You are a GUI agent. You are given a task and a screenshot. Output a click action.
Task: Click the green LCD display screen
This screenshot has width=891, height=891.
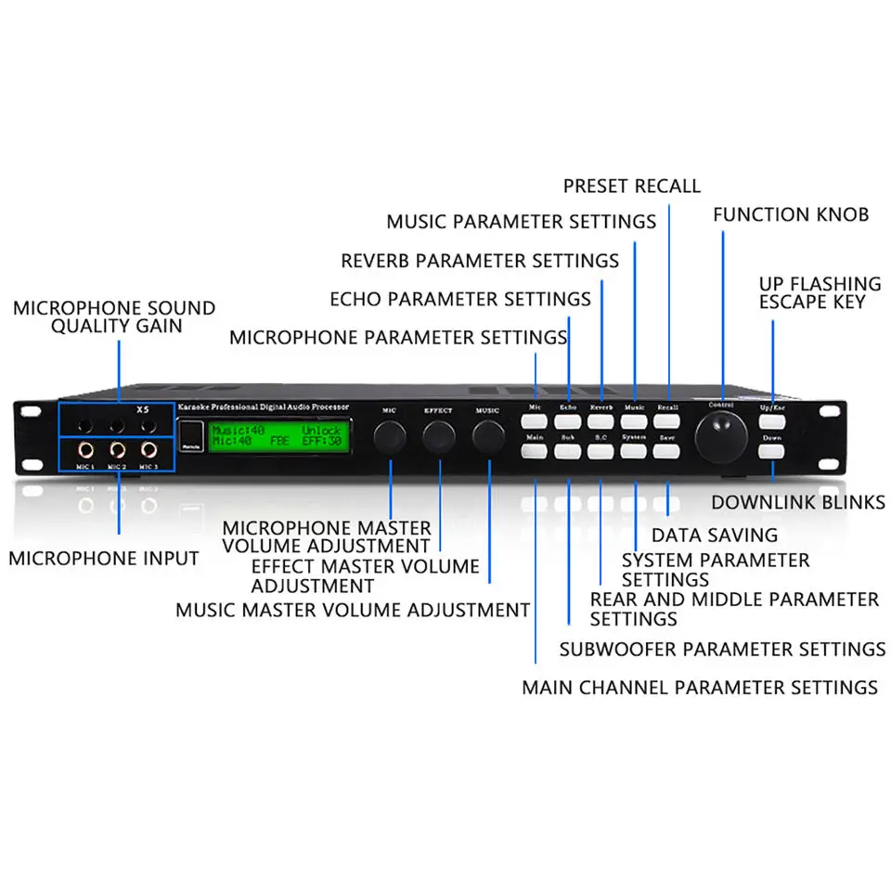[x=278, y=436]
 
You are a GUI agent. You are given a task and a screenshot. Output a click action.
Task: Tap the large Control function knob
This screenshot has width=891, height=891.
[x=723, y=433]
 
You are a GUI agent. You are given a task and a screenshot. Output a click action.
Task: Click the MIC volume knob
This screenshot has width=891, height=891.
[x=391, y=435]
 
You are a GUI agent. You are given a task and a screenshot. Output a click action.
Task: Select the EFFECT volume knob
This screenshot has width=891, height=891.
[x=439, y=435]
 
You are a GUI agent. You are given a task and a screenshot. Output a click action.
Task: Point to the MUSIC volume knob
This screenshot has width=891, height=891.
[x=487, y=435]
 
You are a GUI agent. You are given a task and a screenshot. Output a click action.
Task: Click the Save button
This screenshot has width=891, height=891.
[x=667, y=452]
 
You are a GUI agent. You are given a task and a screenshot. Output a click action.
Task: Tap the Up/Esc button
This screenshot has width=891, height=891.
[x=772, y=423]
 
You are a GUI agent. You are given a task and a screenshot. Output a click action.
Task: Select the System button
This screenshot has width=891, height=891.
[x=634, y=452]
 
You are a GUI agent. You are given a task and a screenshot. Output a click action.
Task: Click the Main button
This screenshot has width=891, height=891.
[x=535, y=452]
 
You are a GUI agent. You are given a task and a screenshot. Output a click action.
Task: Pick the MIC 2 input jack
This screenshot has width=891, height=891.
[x=117, y=450]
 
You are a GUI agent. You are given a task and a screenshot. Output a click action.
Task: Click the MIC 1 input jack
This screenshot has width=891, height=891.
[x=85, y=450]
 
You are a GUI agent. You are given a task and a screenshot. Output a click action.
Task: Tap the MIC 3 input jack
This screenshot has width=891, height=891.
[x=148, y=450]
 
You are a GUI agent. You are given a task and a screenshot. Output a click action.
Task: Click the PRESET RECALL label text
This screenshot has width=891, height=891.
[x=632, y=186]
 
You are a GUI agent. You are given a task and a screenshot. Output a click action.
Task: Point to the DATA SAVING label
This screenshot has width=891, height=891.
[x=715, y=535]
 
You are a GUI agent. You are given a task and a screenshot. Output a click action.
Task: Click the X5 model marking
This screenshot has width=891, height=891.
[x=142, y=409]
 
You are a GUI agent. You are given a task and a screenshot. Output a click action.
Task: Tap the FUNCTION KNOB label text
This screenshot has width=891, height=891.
[x=791, y=214]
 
